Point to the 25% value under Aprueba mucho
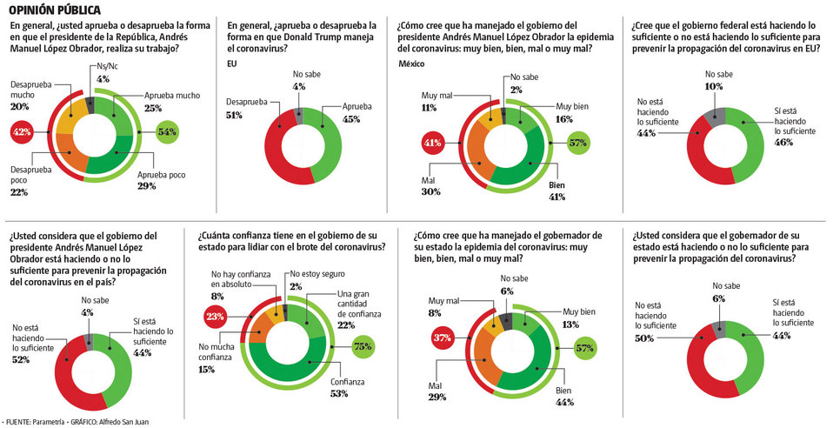tap(152, 108)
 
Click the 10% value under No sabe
tap(713, 87)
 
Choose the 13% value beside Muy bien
tap(572, 324)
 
